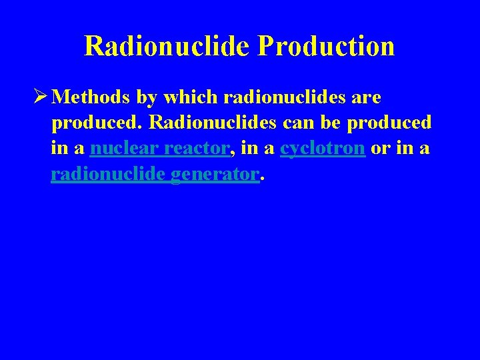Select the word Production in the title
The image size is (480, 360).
pyautogui.click(x=326, y=46)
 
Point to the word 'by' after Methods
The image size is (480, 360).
pyautogui.click(x=147, y=98)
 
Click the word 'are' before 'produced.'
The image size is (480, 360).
pyautogui.click(x=366, y=98)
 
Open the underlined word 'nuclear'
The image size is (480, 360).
pyautogui.click(x=124, y=149)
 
